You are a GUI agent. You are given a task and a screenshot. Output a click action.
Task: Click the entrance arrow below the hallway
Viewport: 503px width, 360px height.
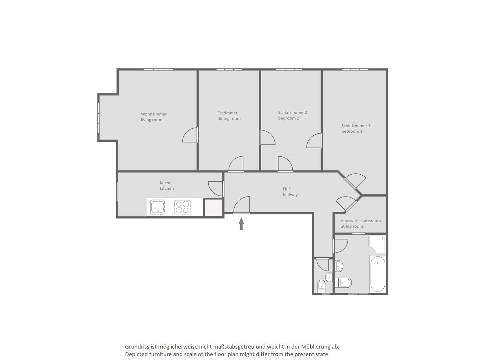[241, 224]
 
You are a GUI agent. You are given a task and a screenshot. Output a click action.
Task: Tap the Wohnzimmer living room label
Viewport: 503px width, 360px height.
[153, 117]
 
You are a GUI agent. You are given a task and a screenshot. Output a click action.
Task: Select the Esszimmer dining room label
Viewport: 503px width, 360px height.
[229, 116]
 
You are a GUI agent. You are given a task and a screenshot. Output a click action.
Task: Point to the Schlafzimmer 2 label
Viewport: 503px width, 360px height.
[292, 115]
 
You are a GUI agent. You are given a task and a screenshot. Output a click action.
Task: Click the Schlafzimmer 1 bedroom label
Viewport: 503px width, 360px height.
[356, 128]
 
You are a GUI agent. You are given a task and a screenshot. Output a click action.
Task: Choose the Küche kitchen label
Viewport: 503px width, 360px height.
[167, 185]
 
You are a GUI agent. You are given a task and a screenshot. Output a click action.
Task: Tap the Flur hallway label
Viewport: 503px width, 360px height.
[290, 192]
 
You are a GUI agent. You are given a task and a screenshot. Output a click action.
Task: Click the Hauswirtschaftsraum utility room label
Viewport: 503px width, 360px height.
[360, 224]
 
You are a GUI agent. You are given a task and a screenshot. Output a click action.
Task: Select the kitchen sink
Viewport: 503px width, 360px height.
[158, 207]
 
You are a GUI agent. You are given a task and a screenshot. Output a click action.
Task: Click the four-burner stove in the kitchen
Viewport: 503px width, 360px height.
[182, 207]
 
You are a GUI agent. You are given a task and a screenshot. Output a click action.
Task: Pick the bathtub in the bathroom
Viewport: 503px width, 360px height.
[378, 274]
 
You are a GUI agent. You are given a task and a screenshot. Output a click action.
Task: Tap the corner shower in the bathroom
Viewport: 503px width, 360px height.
[377, 244]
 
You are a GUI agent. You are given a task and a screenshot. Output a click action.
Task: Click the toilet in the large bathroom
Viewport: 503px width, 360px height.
[343, 283]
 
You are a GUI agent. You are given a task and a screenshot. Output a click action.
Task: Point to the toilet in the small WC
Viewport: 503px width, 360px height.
[321, 285]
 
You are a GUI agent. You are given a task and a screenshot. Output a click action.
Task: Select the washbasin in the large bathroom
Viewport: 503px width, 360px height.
[339, 266]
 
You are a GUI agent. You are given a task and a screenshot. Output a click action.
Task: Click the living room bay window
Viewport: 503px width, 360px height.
[99, 118]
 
